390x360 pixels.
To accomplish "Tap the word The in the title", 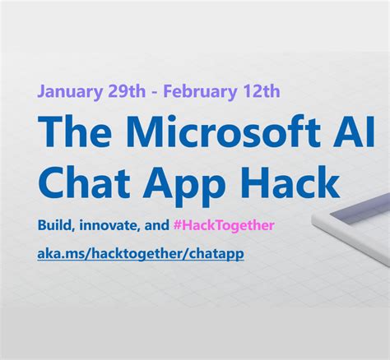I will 75,132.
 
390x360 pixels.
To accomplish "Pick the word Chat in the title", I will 83,182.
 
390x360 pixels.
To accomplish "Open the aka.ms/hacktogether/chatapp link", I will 141,253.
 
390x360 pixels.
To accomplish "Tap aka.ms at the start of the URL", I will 57,253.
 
